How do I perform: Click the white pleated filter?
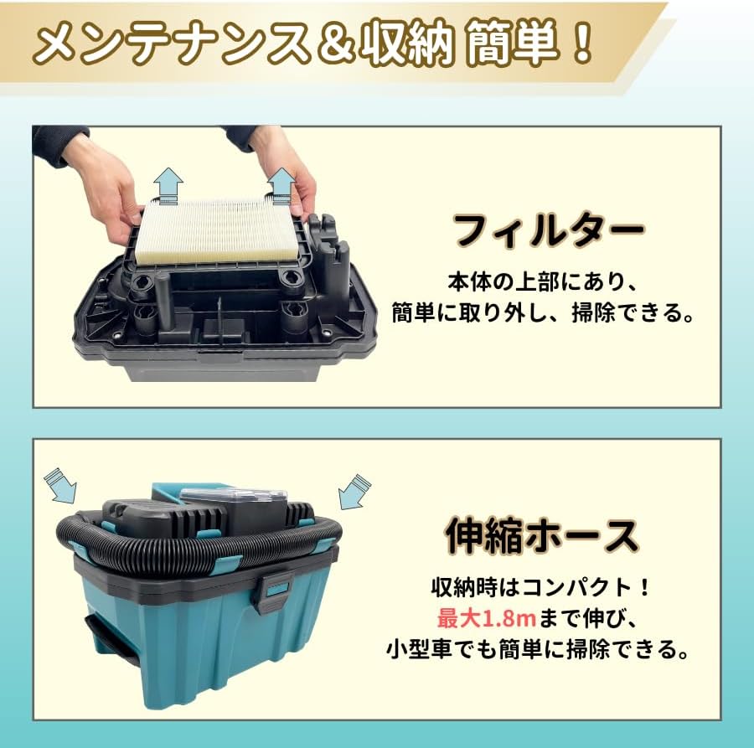click(217, 230)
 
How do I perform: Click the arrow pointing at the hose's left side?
click(61, 487)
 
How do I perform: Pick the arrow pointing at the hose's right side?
click(354, 490)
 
